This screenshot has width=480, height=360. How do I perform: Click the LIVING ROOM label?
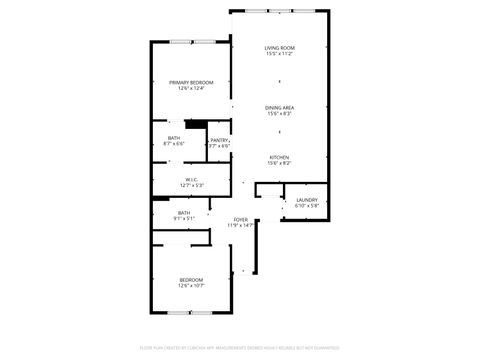pos(279,48)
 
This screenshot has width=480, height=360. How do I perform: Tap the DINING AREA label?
pos(279,107)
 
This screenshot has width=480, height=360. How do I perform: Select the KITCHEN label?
pos(279,157)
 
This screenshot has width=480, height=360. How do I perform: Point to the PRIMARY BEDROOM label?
pos(190,82)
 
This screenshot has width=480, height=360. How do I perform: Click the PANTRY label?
pos(219,140)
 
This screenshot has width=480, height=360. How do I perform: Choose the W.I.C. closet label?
pos(192,180)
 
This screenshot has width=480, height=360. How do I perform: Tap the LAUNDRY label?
pos(306,200)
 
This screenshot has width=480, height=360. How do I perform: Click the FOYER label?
pos(241,219)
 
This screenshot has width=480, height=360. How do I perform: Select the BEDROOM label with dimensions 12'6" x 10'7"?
pos(191,279)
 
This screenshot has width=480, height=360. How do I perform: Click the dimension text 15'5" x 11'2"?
pos(279,54)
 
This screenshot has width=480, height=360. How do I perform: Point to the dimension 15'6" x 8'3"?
pos(279,113)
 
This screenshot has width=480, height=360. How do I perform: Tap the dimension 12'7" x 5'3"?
pos(192,186)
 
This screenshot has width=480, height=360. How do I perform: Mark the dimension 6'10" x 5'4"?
pos(306,206)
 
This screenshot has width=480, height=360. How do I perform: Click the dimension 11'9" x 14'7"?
pos(241,225)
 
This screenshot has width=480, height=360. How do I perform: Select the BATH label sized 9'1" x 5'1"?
pos(184,212)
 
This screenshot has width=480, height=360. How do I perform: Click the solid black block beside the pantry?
pos(196,125)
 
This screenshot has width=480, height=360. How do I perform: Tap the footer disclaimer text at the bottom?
pos(240,347)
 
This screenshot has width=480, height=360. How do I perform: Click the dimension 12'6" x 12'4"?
pos(190,88)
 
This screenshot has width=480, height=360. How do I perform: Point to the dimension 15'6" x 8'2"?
pos(279,163)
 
